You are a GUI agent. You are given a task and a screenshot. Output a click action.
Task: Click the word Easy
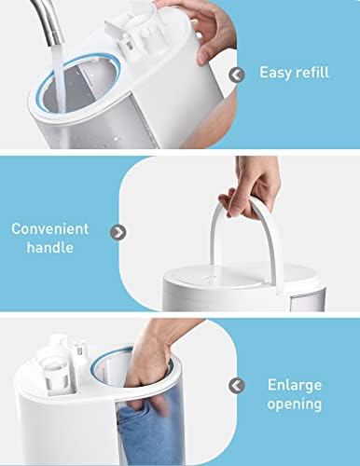(275, 73)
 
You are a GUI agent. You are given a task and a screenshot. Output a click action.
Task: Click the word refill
(312, 72)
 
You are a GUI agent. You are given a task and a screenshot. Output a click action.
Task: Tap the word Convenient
(50, 229)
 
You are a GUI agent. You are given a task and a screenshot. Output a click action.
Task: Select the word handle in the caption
(50, 247)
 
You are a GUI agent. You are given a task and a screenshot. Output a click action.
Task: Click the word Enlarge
(295, 386)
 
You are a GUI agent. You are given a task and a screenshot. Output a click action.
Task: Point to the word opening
(295, 404)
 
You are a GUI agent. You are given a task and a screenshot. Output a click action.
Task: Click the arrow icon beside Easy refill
(237, 75)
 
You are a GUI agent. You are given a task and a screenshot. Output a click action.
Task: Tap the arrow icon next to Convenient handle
(118, 232)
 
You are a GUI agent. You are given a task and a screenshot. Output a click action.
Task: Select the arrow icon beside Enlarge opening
(237, 386)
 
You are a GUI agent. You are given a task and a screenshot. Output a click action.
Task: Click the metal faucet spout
(48, 21)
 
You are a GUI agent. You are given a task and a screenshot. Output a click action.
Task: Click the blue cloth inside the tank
(146, 435)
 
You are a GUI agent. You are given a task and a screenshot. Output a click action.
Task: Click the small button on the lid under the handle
(213, 277)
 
